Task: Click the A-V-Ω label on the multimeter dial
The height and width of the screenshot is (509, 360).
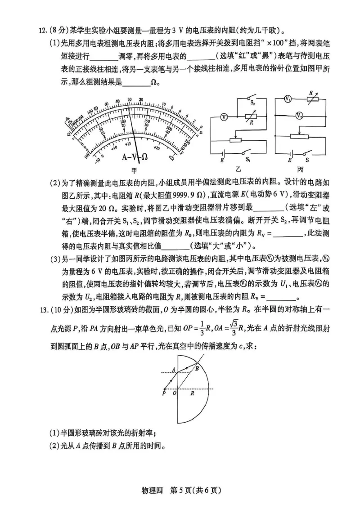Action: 135,156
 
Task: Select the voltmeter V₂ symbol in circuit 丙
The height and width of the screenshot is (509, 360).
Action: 299,116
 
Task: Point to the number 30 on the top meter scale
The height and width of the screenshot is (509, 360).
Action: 129,100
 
